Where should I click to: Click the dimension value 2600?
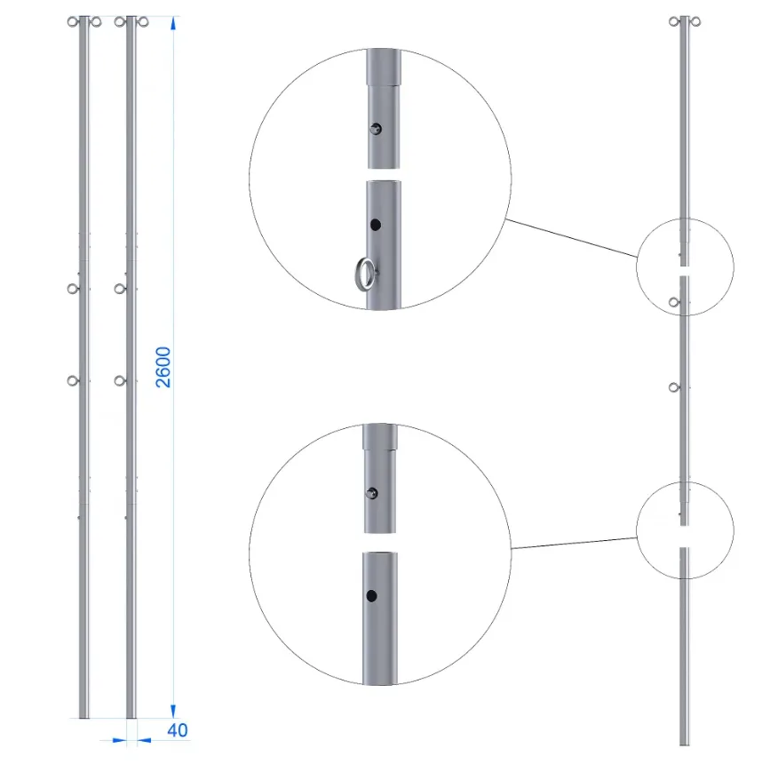tap(163, 367)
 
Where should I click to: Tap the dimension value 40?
tap(178, 730)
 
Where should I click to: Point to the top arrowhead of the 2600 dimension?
tap(173, 23)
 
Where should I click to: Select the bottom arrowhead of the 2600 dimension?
tap(173, 711)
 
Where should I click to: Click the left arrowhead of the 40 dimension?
tap(119, 740)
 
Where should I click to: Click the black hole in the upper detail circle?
tap(376, 225)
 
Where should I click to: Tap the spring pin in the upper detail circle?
tap(376, 129)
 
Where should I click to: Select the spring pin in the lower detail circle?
tap(372, 493)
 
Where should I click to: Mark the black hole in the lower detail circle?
tap(372, 596)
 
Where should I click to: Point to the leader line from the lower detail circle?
tap(574, 543)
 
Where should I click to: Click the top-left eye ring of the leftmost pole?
tap(73, 22)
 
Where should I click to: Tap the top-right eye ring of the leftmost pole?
tap(96, 22)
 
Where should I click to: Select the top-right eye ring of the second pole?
tap(143, 22)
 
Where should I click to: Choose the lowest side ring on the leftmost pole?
tap(73, 380)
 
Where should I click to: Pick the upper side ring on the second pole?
tap(120, 289)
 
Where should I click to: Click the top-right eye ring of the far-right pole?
tap(695, 21)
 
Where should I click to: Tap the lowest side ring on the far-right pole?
tap(674, 388)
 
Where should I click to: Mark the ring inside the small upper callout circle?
tap(674, 302)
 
